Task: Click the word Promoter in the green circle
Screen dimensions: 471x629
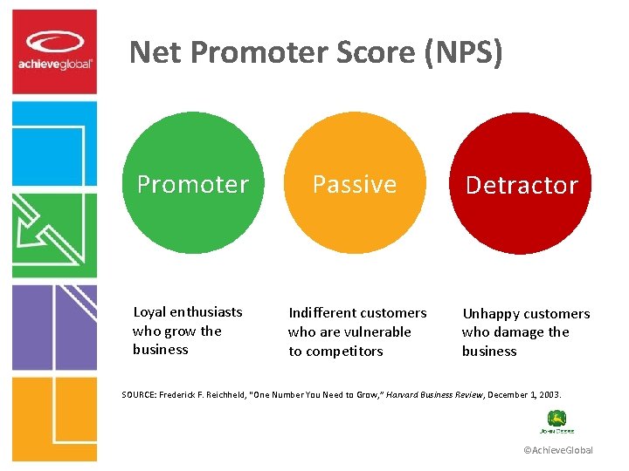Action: point(193,184)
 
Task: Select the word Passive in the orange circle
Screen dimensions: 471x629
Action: point(355,184)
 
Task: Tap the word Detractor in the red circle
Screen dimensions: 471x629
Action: point(522,185)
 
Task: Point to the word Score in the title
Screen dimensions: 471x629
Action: point(369,53)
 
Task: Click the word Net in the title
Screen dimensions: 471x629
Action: point(155,53)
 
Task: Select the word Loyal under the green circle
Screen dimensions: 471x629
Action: point(149,311)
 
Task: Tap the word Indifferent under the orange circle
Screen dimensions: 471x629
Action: point(322,312)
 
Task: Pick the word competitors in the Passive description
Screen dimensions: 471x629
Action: point(344,351)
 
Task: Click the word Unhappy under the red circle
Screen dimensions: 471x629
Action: point(490,313)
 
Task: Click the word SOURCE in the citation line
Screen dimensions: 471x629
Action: point(141,394)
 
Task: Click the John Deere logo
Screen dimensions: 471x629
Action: point(556,422)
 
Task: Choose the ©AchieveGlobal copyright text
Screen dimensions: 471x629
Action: point(557,450)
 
